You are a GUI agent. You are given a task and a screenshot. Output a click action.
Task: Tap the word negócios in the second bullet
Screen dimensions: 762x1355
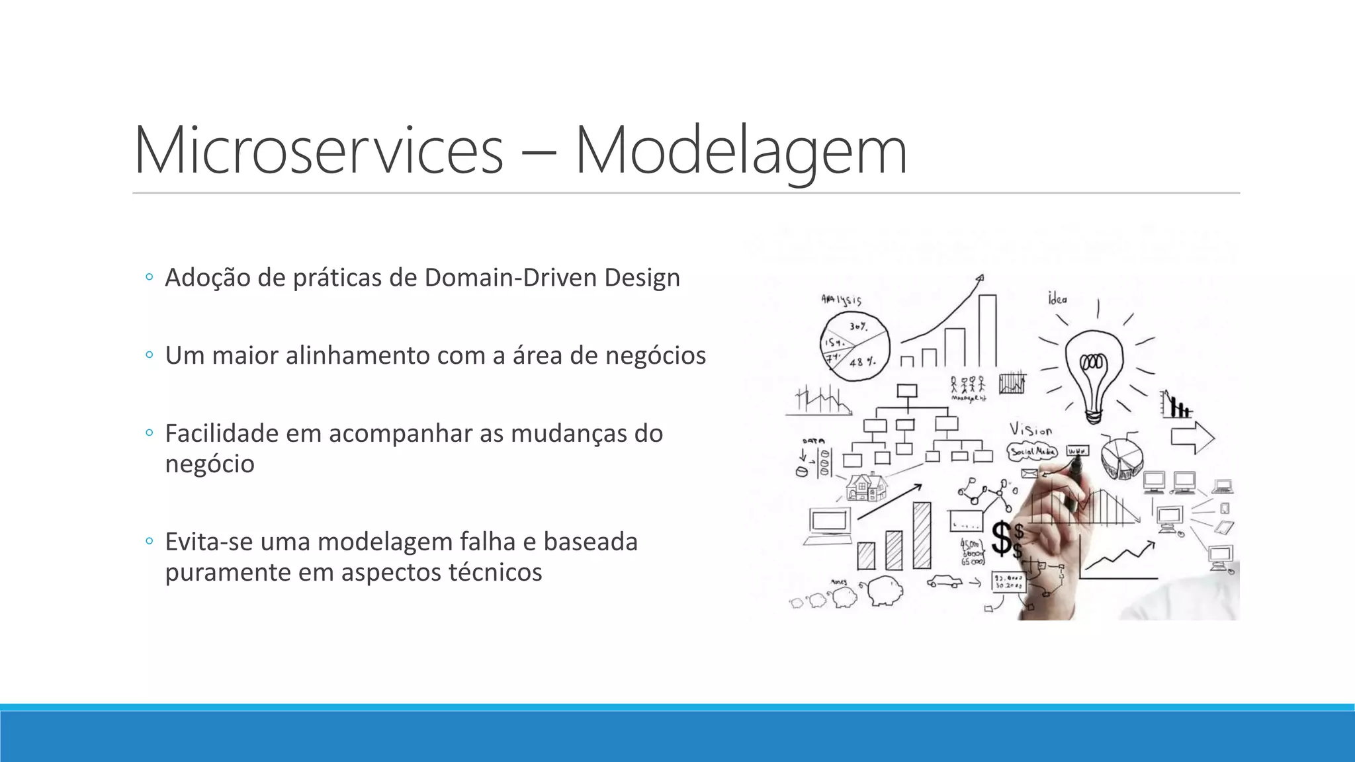coord(656,356)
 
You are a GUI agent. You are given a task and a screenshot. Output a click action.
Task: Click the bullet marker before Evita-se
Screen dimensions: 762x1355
coord(149,542)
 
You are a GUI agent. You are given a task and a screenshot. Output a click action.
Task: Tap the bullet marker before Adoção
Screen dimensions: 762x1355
coord(149,277)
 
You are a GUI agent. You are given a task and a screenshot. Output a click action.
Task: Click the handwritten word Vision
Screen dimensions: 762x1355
coord(1030,430)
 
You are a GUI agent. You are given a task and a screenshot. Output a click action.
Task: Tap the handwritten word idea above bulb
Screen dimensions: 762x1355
coord(1057,298)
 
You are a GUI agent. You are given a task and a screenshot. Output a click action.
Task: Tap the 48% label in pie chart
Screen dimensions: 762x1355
coord(862,362)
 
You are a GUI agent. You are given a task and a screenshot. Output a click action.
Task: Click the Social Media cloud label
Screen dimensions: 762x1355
coord(1032,452)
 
